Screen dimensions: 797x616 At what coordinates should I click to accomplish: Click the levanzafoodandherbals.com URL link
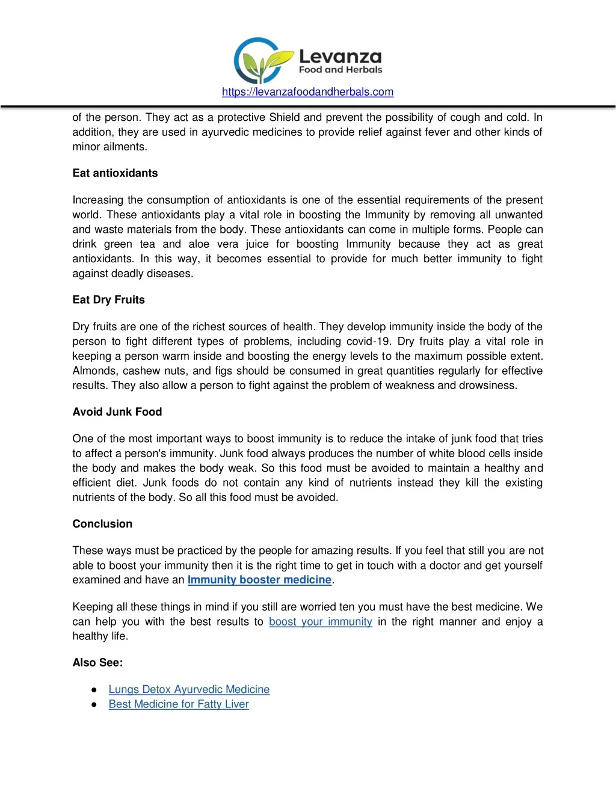point(307,92)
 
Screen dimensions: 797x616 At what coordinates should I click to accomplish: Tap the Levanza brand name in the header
point(340,57)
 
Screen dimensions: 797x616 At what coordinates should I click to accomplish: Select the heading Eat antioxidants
point(115,173)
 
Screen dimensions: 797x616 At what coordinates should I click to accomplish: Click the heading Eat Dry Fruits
point(108,300)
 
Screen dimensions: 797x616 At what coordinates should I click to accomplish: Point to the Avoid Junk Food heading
point(117,412)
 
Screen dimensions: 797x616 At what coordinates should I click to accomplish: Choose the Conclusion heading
point(102,524)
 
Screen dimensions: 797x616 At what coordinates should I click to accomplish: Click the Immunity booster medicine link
point(259,580)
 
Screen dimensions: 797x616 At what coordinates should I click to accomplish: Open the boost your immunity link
point(320,621)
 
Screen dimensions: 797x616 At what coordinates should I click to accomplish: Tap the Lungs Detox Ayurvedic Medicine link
point(189,689)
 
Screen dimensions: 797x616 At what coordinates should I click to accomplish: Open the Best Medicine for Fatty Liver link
point(179,704)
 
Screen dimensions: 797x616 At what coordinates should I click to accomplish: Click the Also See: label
point(97,663)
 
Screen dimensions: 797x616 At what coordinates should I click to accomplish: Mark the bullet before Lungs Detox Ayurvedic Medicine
point(94,690)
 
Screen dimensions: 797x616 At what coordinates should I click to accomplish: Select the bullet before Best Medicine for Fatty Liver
point(94,704)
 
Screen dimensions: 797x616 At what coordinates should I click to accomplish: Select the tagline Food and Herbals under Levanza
point(340,70)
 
